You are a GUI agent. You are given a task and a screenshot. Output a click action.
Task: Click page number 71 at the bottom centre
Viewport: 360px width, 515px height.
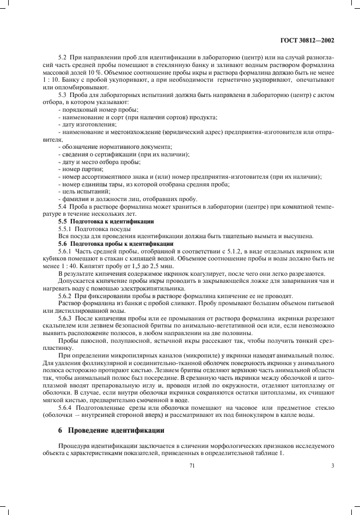point(192,464)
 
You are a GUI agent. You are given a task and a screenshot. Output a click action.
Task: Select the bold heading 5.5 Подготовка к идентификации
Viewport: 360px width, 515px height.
point(106,222)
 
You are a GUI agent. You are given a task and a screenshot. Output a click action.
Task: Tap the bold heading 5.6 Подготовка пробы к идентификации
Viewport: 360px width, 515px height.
point(115,244)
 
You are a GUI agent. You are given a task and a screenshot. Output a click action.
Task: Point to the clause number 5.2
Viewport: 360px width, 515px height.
point(62,58)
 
